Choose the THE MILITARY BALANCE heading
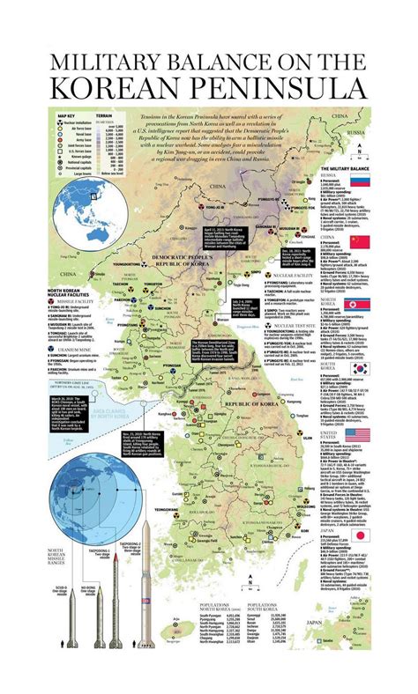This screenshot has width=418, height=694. (x=346, y=167)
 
